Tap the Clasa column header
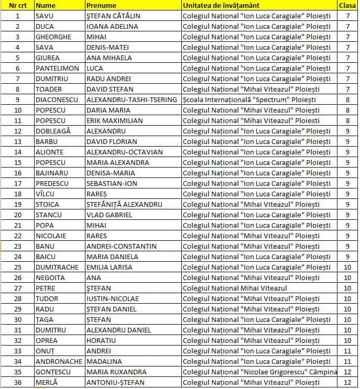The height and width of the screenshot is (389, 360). tap(347, 5)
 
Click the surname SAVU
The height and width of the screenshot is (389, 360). tap(45, 16)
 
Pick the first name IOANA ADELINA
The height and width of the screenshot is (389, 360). tap(112, 26)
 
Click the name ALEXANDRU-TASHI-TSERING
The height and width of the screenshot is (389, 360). tap(132, 99)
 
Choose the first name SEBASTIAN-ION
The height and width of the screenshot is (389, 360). tap(115, 183)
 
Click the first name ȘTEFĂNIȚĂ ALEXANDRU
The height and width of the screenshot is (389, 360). tap(124, 204)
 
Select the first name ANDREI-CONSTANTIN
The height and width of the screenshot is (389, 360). tap(121, 246)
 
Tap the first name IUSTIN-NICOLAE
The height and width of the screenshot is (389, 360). tap(113, 298)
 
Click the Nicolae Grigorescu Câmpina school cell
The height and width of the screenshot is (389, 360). tap(259, 372)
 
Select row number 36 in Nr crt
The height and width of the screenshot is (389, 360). tap(18, 382)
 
